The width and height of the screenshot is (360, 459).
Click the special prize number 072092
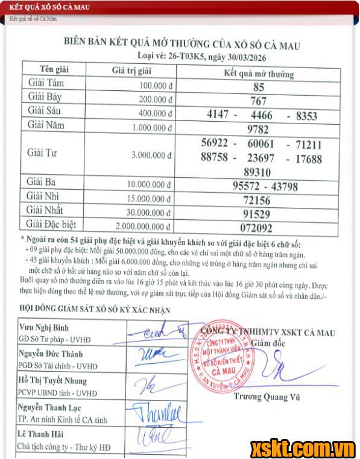[257, 228]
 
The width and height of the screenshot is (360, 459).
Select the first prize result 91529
[257, 214]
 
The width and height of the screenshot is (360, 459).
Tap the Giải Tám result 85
[259, 87]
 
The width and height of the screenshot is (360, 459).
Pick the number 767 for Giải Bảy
[258, 101]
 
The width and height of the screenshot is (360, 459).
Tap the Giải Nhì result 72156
[257, 201]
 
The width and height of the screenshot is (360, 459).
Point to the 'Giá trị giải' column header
[131, 70]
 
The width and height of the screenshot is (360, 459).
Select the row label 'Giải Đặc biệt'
[51, 225]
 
